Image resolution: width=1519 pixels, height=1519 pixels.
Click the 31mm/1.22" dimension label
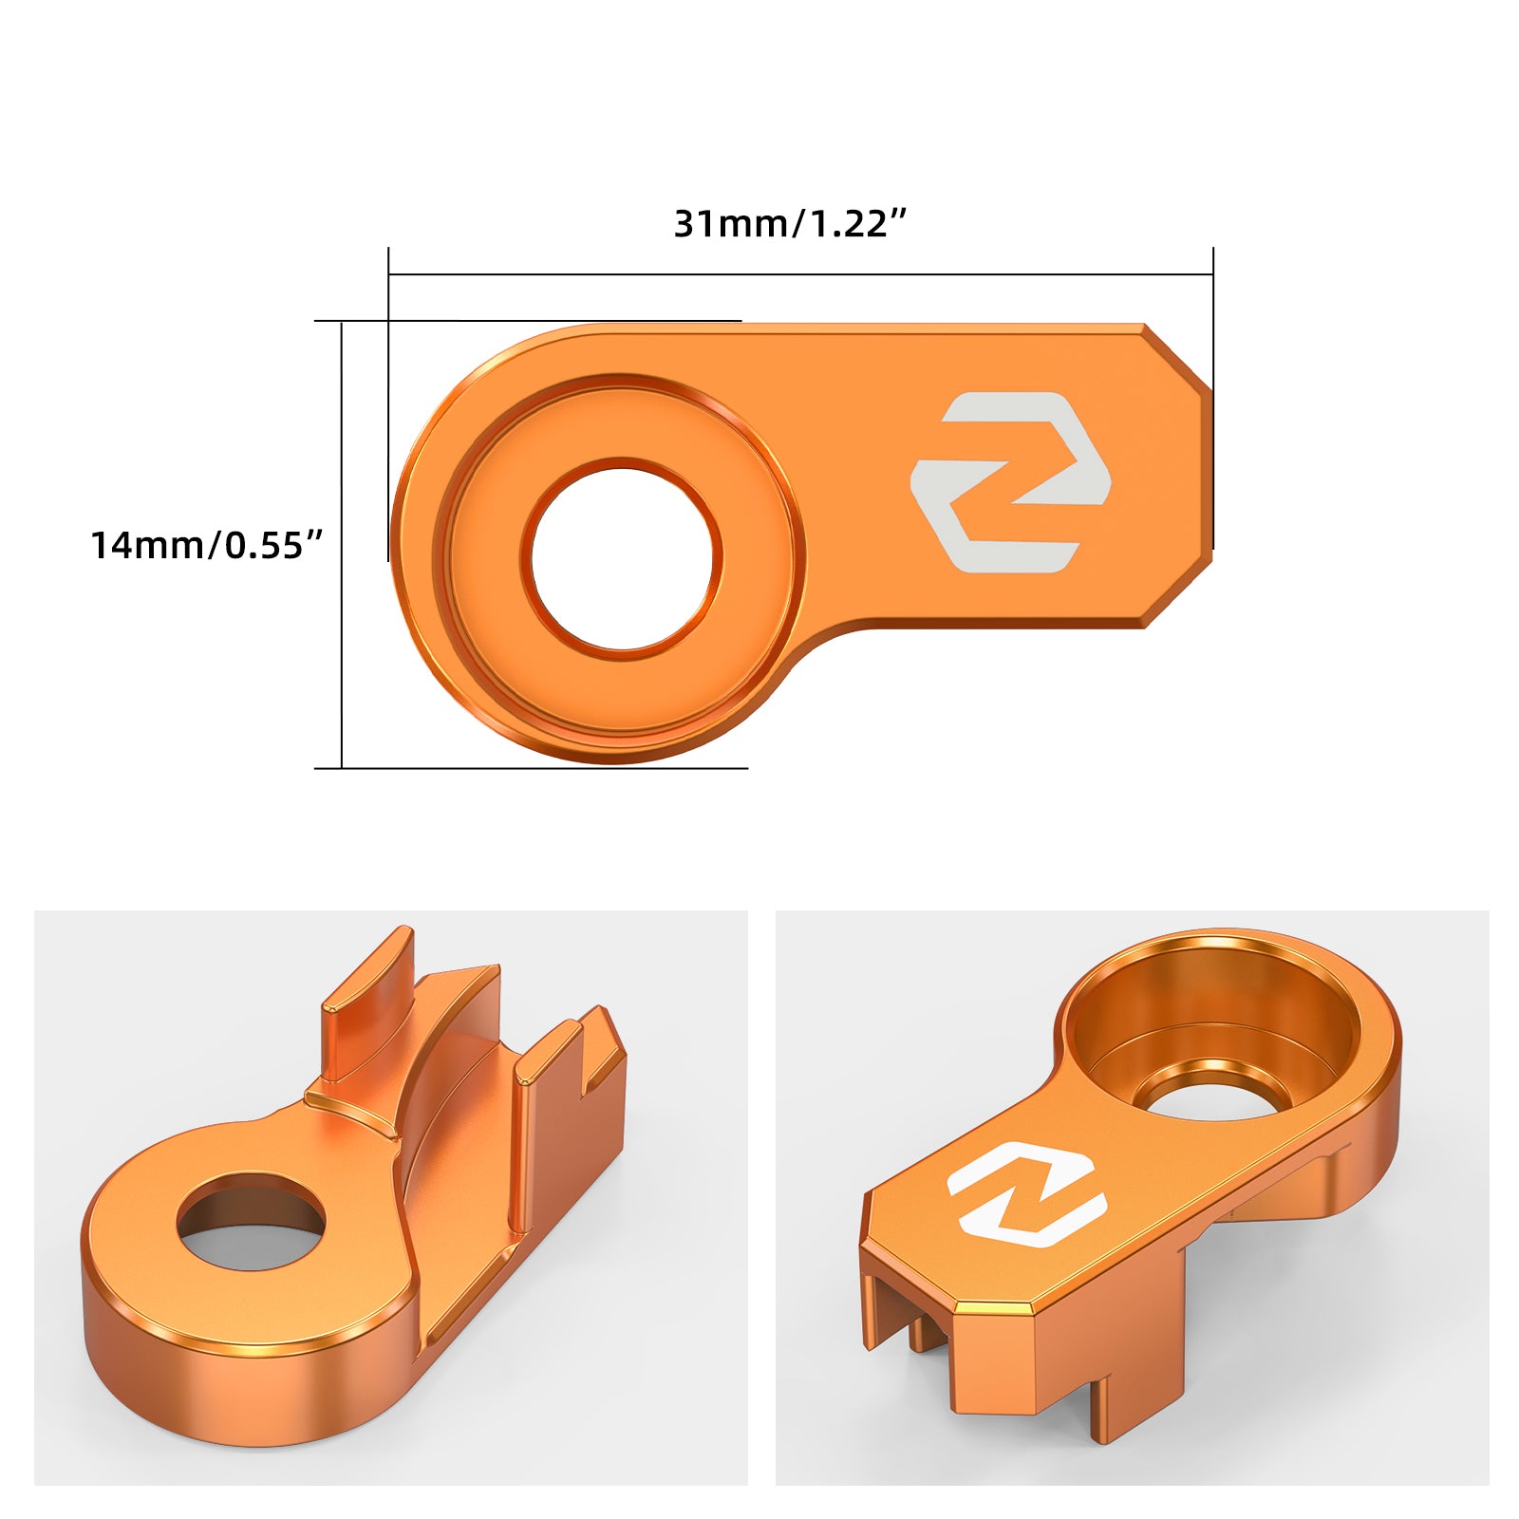point(790,224)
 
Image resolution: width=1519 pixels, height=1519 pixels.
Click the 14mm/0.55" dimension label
point(207,546)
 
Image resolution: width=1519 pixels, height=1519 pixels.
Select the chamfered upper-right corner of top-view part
point(1178,356)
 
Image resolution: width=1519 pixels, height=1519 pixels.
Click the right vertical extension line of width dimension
point(1213,399)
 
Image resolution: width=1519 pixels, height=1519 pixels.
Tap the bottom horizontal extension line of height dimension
point(532,768)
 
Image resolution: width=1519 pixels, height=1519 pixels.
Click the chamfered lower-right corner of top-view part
point(1180,593)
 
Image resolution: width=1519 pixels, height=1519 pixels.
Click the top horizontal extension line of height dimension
point(532,321)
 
